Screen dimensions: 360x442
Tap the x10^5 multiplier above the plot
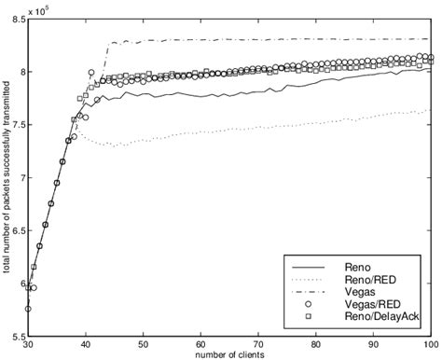click(x=42, y=7)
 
